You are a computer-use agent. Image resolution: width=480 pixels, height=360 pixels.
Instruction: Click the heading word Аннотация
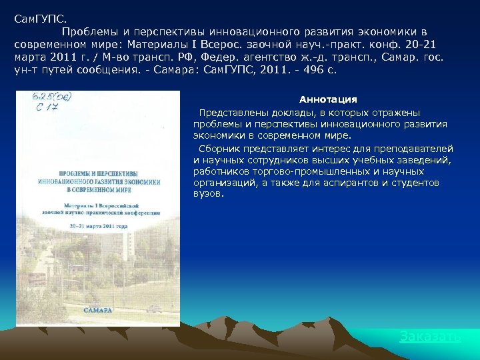[328, 99]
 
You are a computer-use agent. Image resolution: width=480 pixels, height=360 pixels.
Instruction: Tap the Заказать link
[430, 336]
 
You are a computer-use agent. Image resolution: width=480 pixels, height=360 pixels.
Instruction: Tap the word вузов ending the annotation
[209, 194]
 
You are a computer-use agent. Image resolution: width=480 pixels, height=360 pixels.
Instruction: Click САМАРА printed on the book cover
[98, 311]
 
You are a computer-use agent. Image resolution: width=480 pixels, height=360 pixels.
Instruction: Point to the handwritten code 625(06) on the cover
[51, 97]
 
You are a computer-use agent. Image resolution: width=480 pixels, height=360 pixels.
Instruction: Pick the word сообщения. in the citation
[110, 69]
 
